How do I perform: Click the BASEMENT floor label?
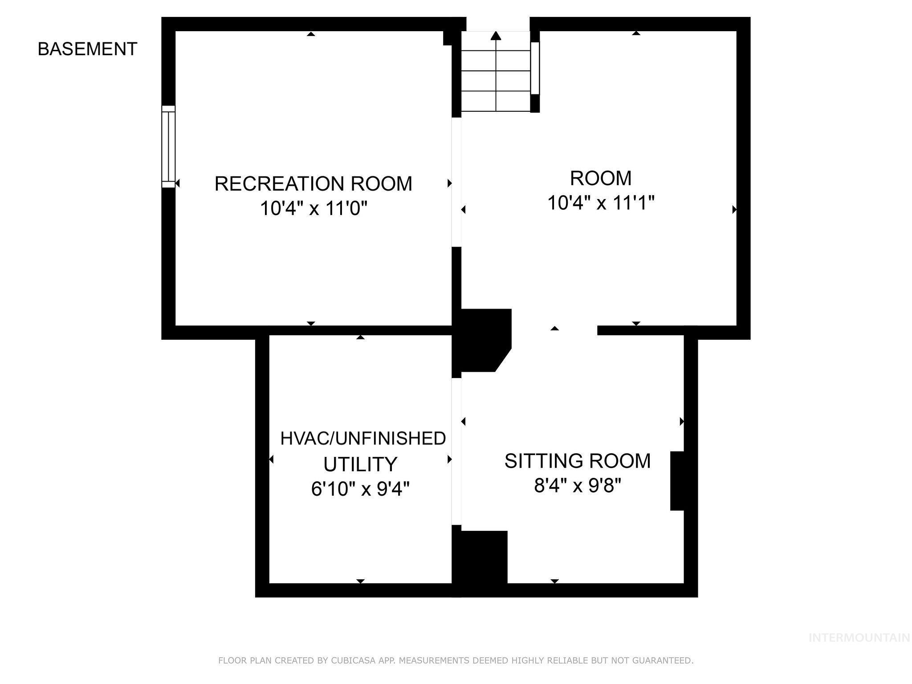click(87, 49)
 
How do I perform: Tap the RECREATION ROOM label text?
click(313, 183)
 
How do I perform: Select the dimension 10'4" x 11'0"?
click(313, 208)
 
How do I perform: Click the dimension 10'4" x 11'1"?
click(600, 203)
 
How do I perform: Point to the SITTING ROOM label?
click(577, 460)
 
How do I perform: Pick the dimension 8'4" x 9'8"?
click(577, 485)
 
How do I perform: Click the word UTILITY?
click(360, 464)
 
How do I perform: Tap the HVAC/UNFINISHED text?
click(362, 439)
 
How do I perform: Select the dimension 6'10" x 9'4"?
click(360, 489)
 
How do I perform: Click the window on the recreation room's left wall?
click(168, 147)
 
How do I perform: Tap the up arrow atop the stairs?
click(496, 36)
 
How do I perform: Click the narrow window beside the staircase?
click(535, 68)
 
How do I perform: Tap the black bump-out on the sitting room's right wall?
click(677, 480)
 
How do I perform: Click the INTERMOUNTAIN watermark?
click(859, 638)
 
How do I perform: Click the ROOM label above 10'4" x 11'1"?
click(600, 178)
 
